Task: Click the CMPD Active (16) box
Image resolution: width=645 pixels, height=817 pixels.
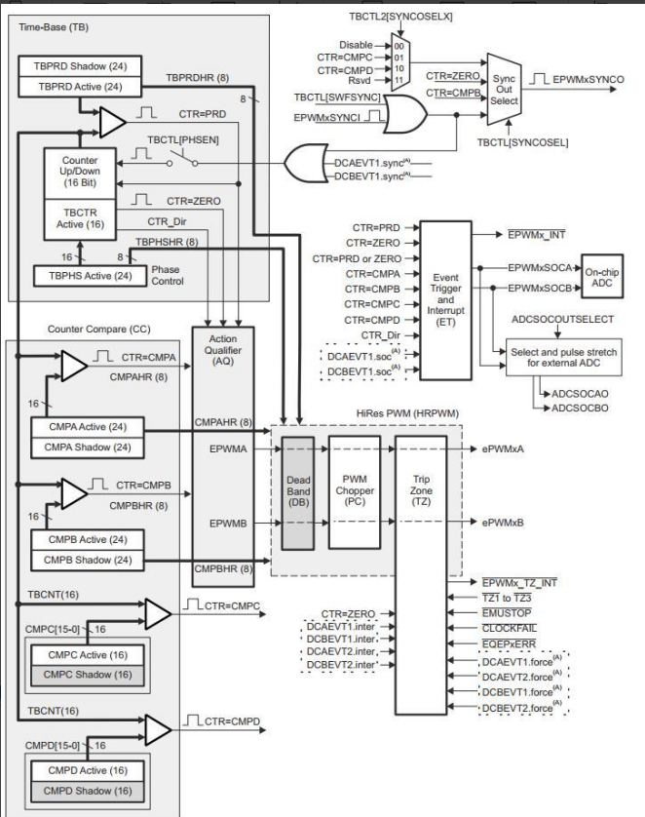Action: (x=88, y=770)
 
